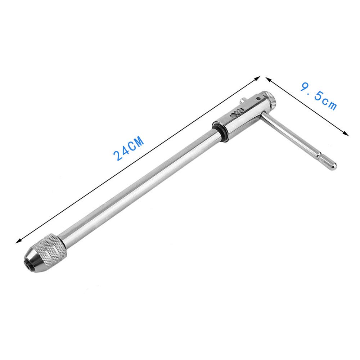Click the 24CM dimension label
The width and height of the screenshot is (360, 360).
[x=129, y=148]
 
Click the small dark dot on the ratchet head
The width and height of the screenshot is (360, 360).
[x=259, y=99]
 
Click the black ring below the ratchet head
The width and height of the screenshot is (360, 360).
[x=220, y=132]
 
